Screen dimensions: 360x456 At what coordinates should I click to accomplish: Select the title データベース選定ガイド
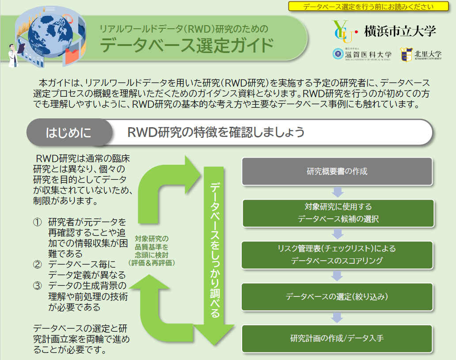click(x=186, y=45)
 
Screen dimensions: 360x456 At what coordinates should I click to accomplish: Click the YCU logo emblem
click(x=342, y=30)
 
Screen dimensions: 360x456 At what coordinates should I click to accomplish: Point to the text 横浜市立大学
click(x=400, y=31)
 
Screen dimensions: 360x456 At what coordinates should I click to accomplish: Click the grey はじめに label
click(x=68, y=132)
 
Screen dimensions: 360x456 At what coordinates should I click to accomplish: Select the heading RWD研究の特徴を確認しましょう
click(x=216, y=132)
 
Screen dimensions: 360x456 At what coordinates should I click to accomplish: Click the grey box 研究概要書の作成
click(x=337, y=171)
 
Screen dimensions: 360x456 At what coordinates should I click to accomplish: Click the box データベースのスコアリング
click(x=337, y=254)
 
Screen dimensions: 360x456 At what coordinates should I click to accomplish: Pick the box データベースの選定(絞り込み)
click(x=337, y=296)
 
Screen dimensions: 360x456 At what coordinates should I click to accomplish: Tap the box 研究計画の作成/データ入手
click(x=337, y=338)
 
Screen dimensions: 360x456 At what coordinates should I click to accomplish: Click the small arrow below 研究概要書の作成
click(x=337, y=192)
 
